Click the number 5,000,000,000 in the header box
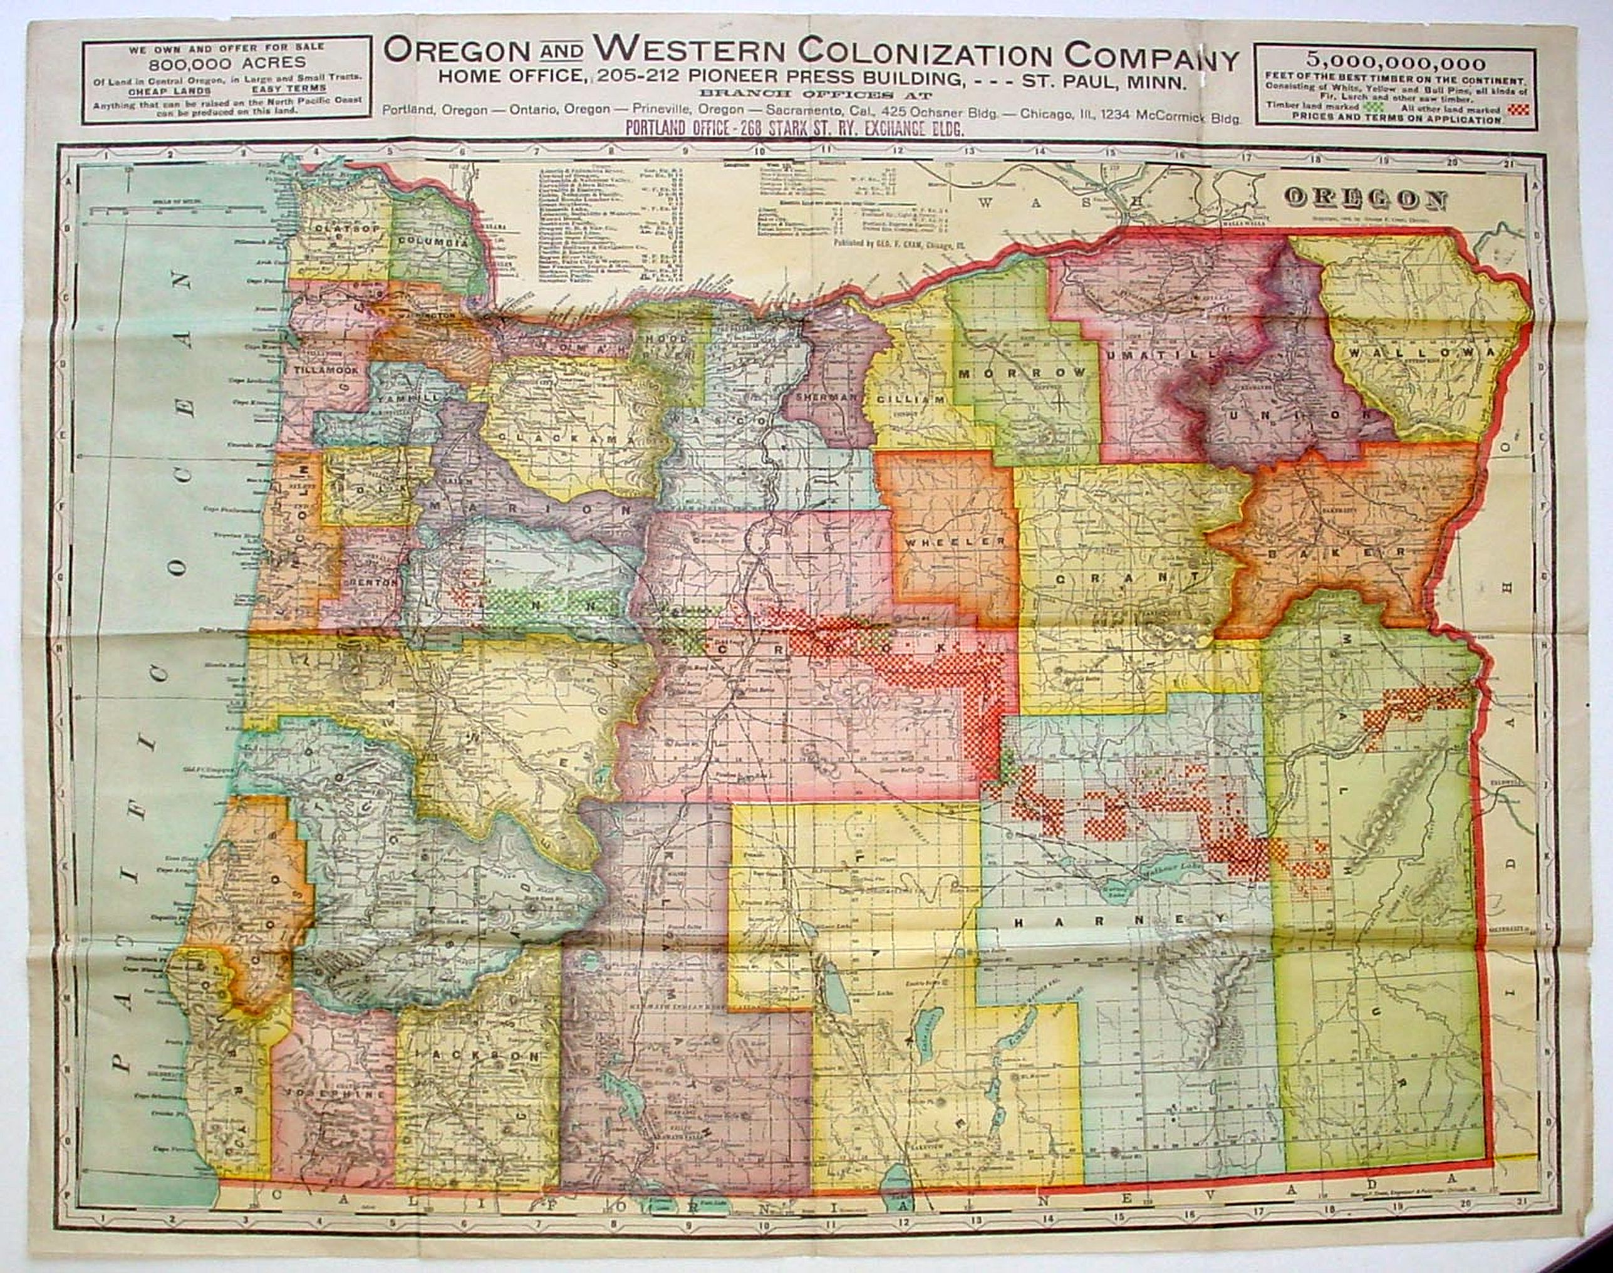coord(1395,64)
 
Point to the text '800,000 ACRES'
coord(227,63)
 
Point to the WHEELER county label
coord(955,543)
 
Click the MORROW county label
coord(1024,371)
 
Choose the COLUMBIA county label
coord(432,241)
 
